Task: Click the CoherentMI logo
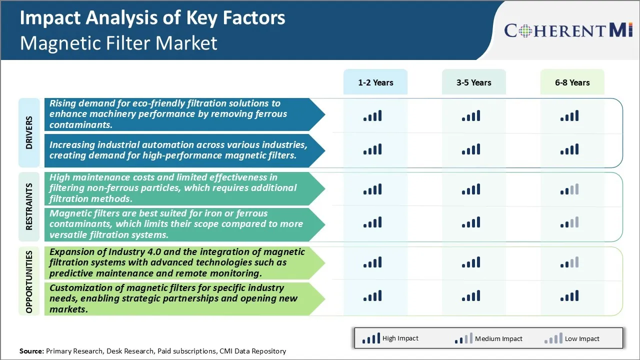[x=568, y=30]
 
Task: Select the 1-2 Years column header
[x=375, y=82]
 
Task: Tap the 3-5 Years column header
[x=473, y=82]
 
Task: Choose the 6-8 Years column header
[x=572, y=82]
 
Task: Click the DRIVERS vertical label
[x=28, y=132]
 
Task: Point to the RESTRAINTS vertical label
[x=28, y=206]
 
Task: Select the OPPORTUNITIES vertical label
[x=28, y=281]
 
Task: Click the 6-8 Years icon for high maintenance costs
[x=569, y=189]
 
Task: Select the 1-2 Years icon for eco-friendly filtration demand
[x=372, y=116]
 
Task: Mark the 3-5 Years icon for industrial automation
[x=471, y=149]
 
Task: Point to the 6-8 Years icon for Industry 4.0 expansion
[x=569, y=262]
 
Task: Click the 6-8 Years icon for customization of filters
[x=569, y=296]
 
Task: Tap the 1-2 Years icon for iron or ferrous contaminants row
[x=372, y=222]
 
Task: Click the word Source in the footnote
[x=31, y=351]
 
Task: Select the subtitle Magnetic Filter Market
[x=118, y=43]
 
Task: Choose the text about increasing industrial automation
[x=178, y=150]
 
